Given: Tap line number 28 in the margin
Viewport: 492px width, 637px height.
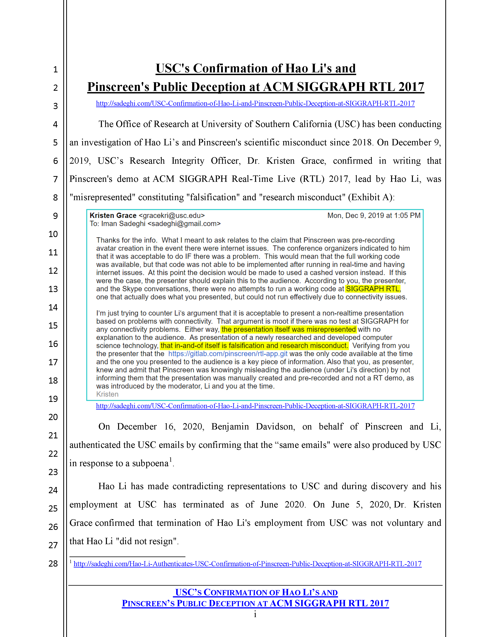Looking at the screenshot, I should pyautogui.click(x=53, y=563).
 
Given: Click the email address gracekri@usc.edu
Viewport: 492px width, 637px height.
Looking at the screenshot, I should pyautogui.click(x=172, y=216).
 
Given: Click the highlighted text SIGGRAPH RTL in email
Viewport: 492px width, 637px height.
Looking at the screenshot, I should pyautogui.click(x=373, y=289).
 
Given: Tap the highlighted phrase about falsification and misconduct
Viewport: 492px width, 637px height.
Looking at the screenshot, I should pyautogui.click(x=254, y=346).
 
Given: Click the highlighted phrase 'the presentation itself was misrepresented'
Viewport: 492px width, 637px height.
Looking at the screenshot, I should pyautogui.click(x=289, y=329).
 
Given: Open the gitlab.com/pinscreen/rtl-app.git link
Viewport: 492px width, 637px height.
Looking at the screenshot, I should pyautogui.click(x=228, y=354).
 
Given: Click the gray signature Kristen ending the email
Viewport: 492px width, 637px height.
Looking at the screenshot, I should pyautogui.click(x=107, y=394).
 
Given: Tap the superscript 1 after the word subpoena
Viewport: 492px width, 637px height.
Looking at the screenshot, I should pyautogui.click(x=171, y=460).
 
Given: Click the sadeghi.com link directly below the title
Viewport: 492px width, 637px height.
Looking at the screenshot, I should pyautogui.click(x=255, y=103).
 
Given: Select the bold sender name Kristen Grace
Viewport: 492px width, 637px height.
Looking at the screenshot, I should pyautogui.click(x=113, y=216).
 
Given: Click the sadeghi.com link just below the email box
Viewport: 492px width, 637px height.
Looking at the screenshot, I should pyautogui.click(x=255, y=406).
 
